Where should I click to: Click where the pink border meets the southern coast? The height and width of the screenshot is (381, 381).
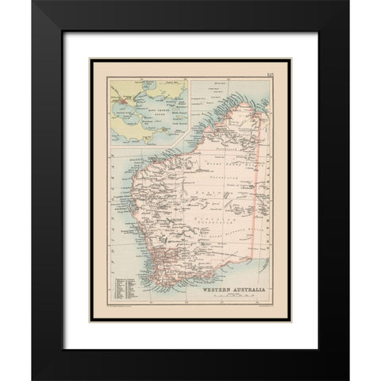(x=255, y=253)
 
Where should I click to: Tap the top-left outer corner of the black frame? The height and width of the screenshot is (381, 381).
(x=33, y=1)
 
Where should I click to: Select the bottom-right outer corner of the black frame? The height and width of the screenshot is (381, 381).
(x=348, y=380)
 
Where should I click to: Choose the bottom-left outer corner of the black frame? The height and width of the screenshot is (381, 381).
(x=33, y=380)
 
